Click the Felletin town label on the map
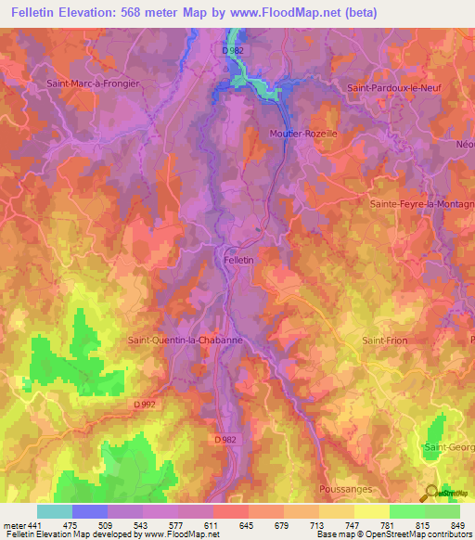tap(238, 262)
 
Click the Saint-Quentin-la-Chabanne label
tap(185, 340)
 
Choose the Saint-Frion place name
tap(379, 341)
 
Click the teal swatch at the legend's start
tap(54, 511)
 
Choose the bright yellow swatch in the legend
tap(371, 511)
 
